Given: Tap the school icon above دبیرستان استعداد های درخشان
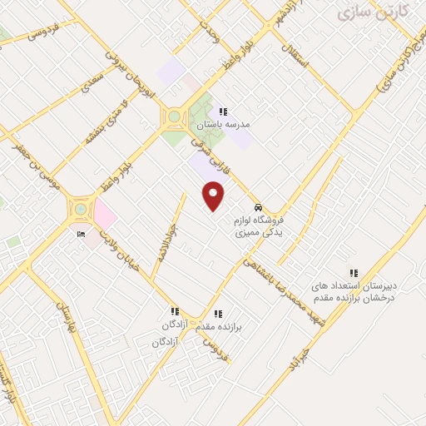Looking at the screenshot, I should [354, 272].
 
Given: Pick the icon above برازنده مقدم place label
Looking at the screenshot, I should [218, 314].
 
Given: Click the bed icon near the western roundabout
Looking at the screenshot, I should [81, 234].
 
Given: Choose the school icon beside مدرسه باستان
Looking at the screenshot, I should [222, 111].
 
